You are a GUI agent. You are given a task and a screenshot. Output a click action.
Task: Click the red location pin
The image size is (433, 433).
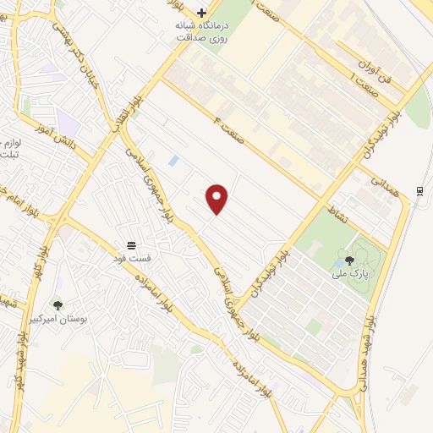(217, 197)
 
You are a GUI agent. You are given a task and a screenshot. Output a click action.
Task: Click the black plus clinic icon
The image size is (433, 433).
(201, 13)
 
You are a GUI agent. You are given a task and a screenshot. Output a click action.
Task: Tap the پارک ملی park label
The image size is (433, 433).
(349, 276)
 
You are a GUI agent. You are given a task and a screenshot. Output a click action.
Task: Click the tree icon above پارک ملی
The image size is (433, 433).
(349, 260)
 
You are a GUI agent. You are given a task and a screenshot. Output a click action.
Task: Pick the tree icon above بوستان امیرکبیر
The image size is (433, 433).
(58, 305)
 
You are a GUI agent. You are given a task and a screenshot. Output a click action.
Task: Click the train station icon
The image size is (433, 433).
(419, 190)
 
